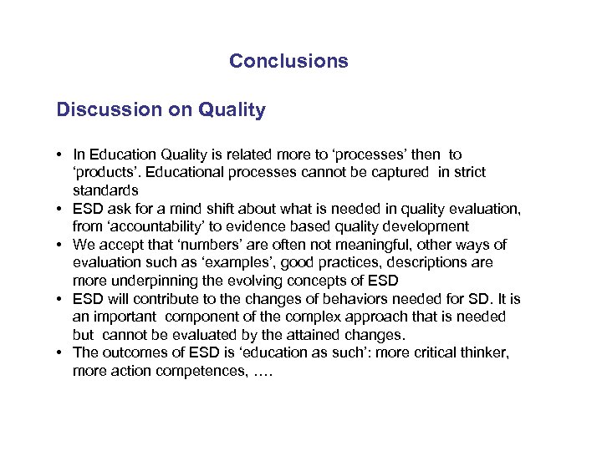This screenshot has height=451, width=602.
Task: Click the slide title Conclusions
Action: coord(288,61)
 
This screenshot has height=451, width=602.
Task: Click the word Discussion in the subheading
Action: coord(103,109)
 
